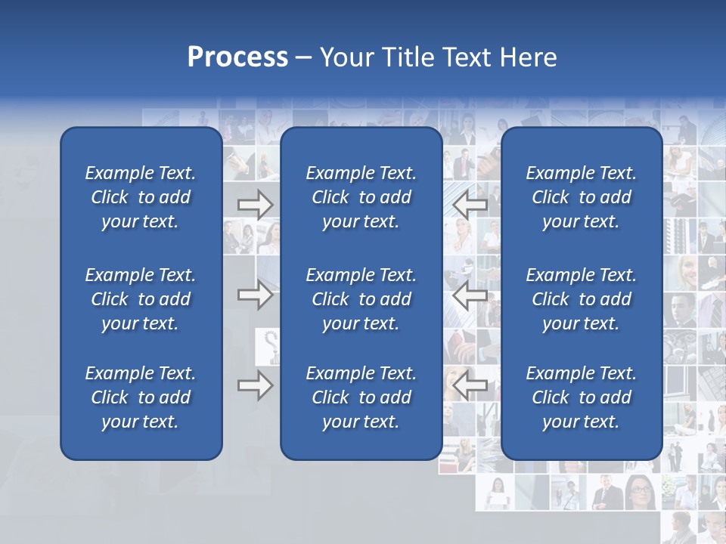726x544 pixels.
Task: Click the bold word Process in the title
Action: [x=237, y=57]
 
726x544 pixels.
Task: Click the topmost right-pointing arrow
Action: [x=255, y=205]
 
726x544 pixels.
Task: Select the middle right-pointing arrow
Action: [x=255, y=295]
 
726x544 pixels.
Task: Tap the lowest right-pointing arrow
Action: [x=255, y=385]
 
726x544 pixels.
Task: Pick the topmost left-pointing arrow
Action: [x=470, y=205]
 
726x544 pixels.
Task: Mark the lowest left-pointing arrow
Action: [x=470, y=385]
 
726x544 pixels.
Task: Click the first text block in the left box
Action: [x=141, y=197]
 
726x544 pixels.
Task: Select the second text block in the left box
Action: [x=141, y=299]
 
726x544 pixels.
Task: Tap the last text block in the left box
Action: [x=141, y=397]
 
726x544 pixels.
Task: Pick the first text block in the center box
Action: [x=361, y=197]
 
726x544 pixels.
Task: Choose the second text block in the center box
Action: [x=361, y=299]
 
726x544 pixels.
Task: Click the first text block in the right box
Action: [x=582, y=197]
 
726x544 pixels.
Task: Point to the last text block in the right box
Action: [x=582, y=397]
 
